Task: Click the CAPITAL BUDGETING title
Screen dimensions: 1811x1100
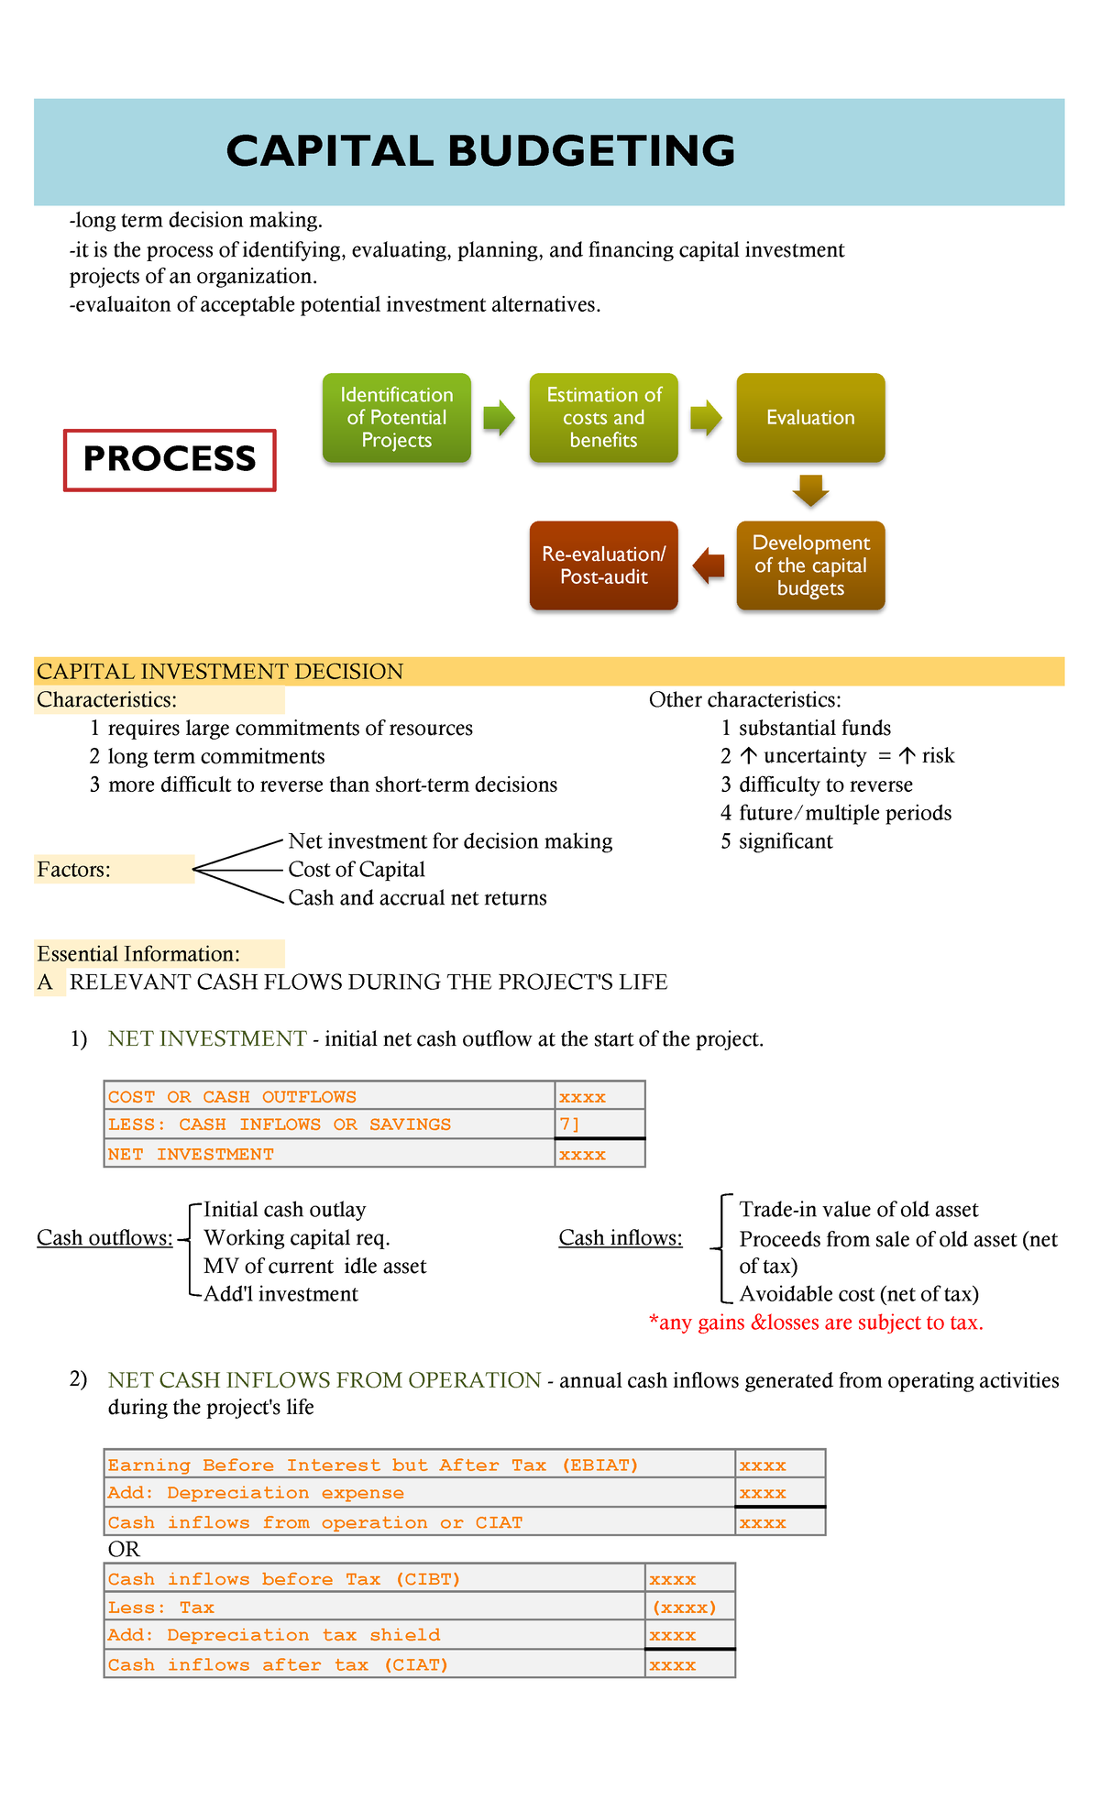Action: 480,151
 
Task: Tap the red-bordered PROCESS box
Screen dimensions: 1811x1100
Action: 170,459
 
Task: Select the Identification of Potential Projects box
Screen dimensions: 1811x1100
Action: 397,418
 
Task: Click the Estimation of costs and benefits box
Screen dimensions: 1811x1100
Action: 603,418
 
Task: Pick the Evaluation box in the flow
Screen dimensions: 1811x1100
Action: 810,418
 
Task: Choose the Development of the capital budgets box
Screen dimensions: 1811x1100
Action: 810,565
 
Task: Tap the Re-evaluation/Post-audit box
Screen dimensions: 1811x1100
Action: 603,565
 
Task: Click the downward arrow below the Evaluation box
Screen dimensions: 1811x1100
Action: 810,490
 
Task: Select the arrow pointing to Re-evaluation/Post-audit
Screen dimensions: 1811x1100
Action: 709,565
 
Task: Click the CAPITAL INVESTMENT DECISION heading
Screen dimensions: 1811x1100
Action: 220,672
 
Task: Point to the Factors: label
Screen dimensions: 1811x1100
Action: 73,870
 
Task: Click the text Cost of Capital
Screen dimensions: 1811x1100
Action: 357,870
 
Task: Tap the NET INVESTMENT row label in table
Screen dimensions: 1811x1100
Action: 191,1155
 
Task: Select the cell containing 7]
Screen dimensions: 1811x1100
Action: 599,1125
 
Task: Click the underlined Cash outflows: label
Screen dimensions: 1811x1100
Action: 104,1238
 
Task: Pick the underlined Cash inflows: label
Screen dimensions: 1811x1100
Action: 621,1238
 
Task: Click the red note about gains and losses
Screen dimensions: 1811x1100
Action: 816,1323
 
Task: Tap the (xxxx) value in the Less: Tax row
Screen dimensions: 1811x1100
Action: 684,1608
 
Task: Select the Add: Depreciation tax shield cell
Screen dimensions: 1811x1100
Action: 374,1636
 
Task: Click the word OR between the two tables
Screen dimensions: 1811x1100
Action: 124,1550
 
